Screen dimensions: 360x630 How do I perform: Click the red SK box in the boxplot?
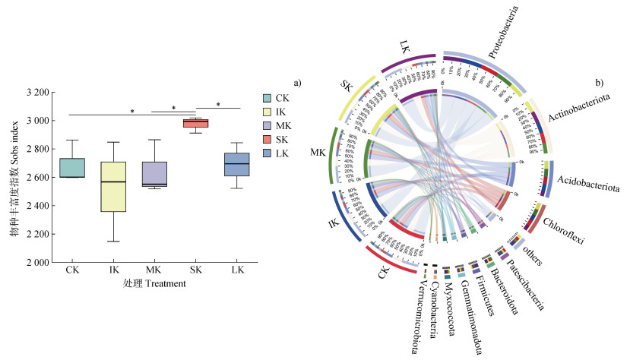[x=197, y=123]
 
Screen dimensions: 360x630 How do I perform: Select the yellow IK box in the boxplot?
[x=113, y=186]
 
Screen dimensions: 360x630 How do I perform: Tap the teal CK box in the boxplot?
[x=73, y=167]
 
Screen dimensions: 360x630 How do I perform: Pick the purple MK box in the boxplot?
[x=155, y=173]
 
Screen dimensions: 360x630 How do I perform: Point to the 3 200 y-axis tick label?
[x=35, y=93]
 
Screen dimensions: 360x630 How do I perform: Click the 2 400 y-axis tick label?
[x=35, y=206]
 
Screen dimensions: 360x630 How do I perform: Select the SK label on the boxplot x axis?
[x=197, y=270]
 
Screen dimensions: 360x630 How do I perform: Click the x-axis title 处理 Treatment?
[x=155, y=283]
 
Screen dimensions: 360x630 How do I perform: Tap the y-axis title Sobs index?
[x=14, y=176]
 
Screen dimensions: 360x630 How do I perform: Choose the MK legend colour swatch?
[x=267, y=125]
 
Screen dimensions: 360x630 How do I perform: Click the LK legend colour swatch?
[x=267, y=153]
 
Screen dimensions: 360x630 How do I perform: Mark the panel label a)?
[x=299, y=81]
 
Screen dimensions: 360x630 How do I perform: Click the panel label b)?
[x=599, y=81]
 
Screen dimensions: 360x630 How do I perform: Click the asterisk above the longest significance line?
[x=132, y=112]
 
